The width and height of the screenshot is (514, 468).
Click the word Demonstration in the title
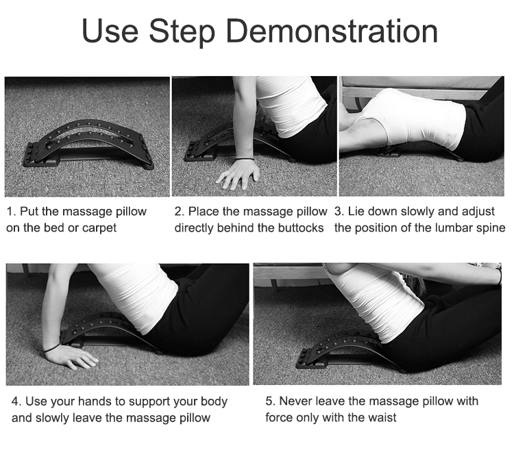coord(332,31)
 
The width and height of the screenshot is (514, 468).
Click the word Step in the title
coord(182,32)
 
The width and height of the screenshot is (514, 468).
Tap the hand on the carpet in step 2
coord(238,174)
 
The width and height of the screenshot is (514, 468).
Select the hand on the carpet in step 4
coord(71,357)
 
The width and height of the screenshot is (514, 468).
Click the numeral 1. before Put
coord(11,212)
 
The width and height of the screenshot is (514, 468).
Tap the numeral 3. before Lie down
coord(339,212)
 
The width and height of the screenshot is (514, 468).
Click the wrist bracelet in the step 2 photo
coord(244,159)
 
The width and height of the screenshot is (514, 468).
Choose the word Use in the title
coord(110,31)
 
